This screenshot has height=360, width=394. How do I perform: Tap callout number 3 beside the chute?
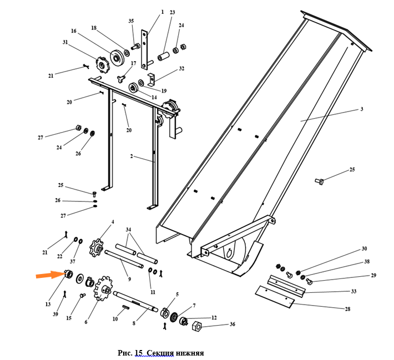pyautogui.click(x=361, y=109)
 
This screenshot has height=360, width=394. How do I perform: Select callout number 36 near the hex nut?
pyautogui.click(x=233, y=324)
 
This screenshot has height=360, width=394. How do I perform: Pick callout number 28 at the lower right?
pyautogui.click(x=348, y=310)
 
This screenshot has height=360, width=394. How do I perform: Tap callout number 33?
pyautogui.click(x=353, y=291)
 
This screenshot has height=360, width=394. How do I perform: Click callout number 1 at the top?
pyautogui.click(x=162, y=12)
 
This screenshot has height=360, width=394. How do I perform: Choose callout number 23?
pyautogui.click(x=172, y=12)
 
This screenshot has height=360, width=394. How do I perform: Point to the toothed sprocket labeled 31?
pyautogui.click(x=102, y=64)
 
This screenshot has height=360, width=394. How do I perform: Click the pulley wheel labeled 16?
pyautogui.click(x=117, y=56)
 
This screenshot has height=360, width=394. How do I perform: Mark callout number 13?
pyautogui.click(x=48, y=304)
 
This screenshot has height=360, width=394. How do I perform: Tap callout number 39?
pyautogui.click(x=55, y=314)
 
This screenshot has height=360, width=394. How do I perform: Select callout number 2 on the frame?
pyautogui.click(x=132, y=156)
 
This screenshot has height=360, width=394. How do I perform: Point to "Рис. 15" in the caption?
pyautogui.click(x=130, y=353)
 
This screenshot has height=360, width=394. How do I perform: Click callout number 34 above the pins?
pyautogui.click(x=128, y=230)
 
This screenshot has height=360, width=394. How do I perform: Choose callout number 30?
pyautogui.click(x=365, y=249)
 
